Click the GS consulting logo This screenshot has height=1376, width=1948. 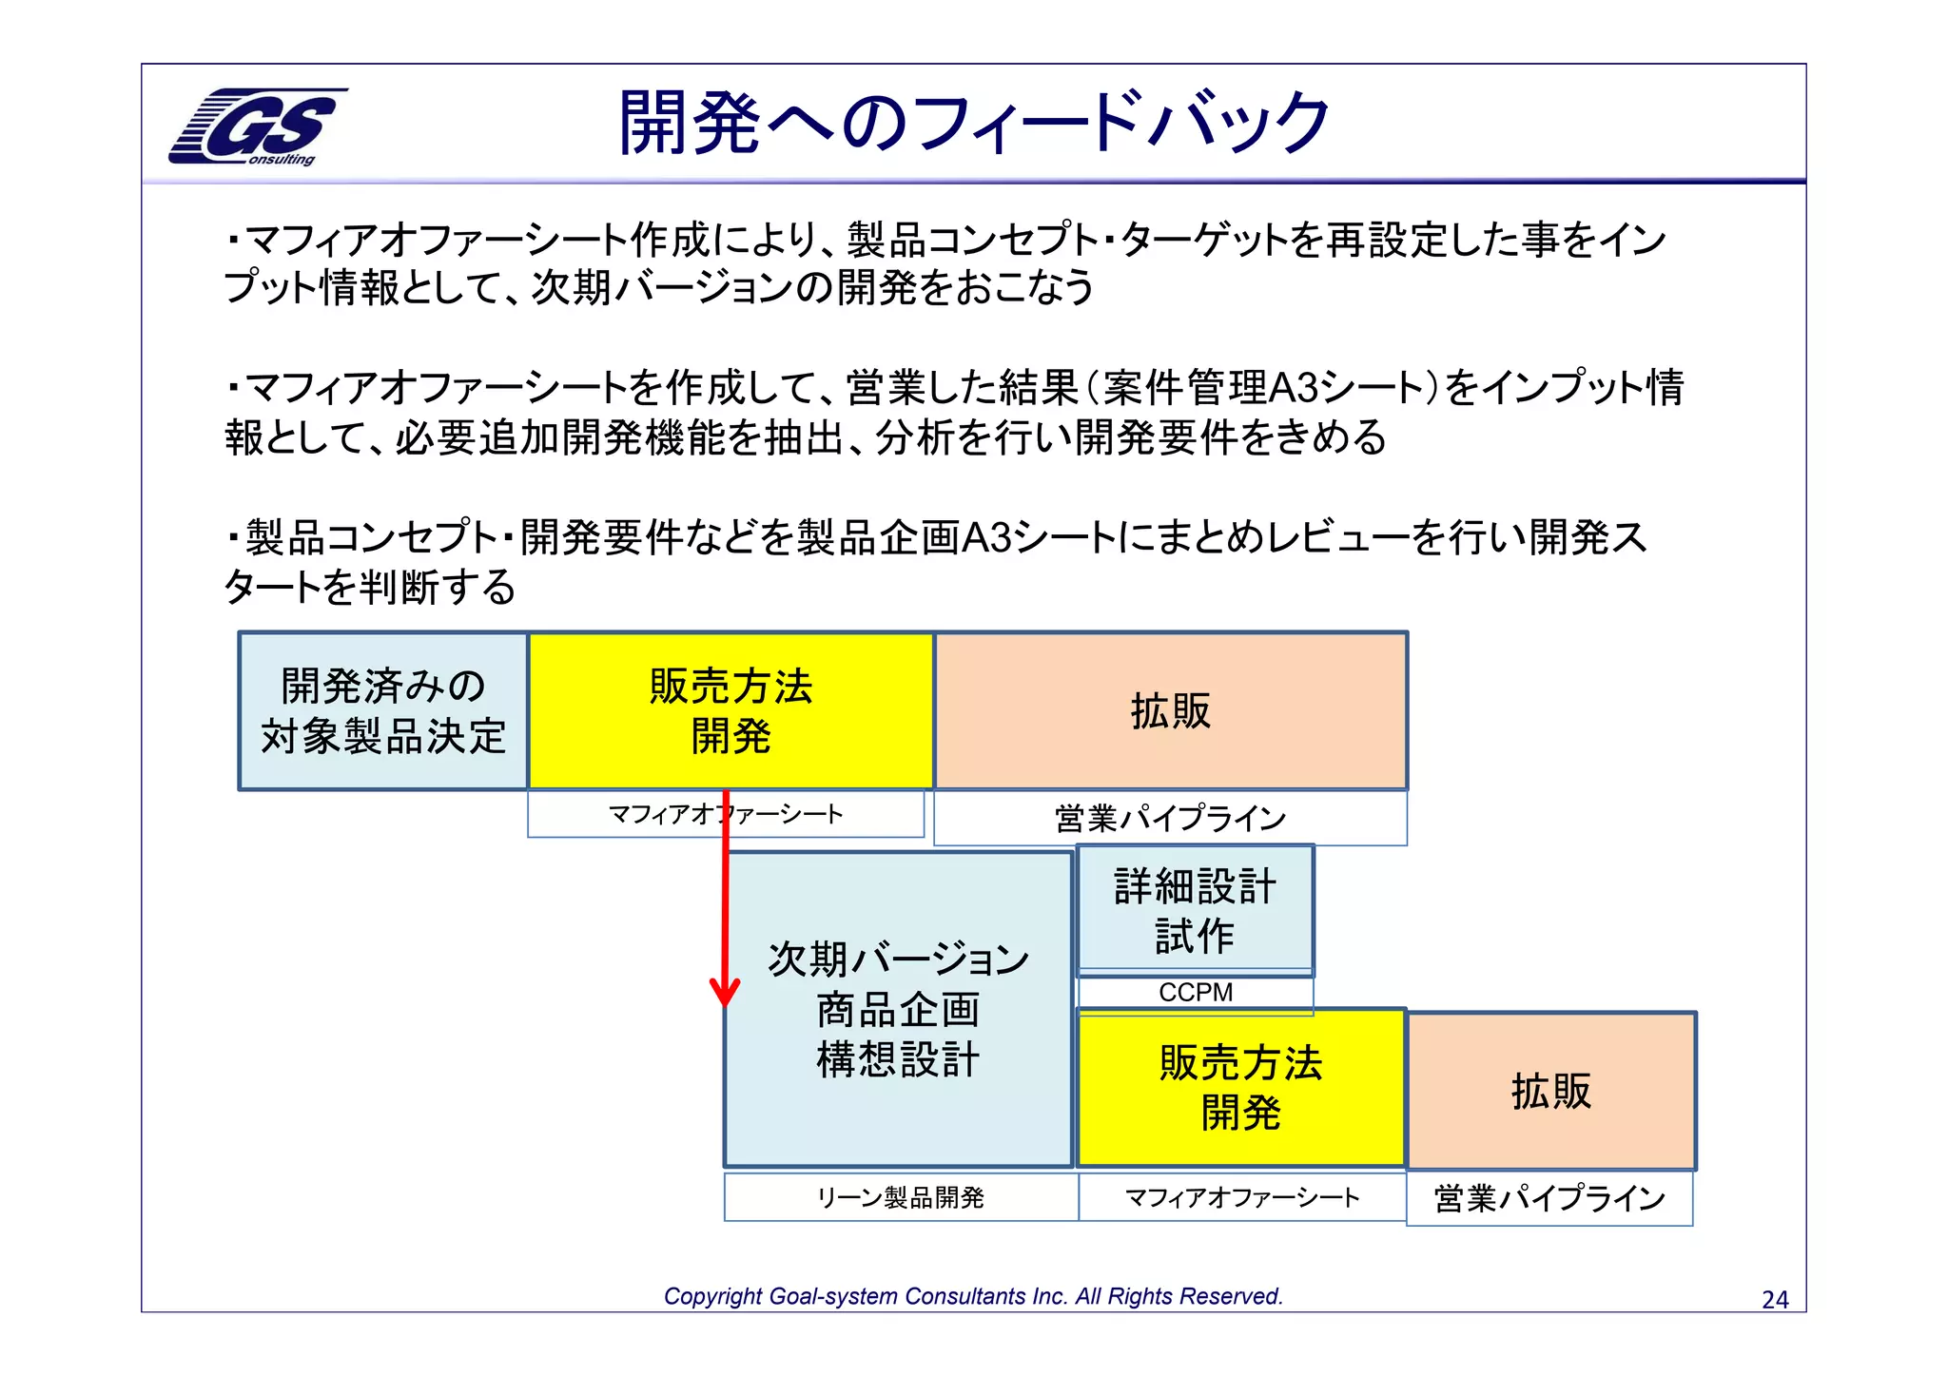click(257, 126)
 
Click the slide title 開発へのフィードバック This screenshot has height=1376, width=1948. click(973, 124)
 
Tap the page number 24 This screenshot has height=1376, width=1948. click(1775, 1299)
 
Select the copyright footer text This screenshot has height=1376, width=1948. click(973, 1296)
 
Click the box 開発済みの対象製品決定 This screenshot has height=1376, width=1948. click(383, 711)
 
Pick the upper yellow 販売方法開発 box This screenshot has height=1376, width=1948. click(730, 711)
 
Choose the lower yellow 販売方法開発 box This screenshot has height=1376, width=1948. click(1240, 1088)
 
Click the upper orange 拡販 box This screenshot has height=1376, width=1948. click(1170, 711)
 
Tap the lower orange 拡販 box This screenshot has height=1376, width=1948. click(1550, 1091)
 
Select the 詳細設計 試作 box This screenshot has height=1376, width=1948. click(1195, 910)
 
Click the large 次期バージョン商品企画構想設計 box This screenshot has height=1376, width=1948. click(898, 1009)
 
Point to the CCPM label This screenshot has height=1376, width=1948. click(1195, 993)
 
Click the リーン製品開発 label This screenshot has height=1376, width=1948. click(900, 1197)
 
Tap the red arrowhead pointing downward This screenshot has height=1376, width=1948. click(725, 991)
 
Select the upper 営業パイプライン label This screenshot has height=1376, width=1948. click(1170, 818)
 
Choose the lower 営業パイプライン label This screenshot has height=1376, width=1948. click(1549, 1198)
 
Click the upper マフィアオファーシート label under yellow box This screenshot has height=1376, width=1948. click(725, 814)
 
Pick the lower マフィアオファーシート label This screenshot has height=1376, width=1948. click(1241, 1197)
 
